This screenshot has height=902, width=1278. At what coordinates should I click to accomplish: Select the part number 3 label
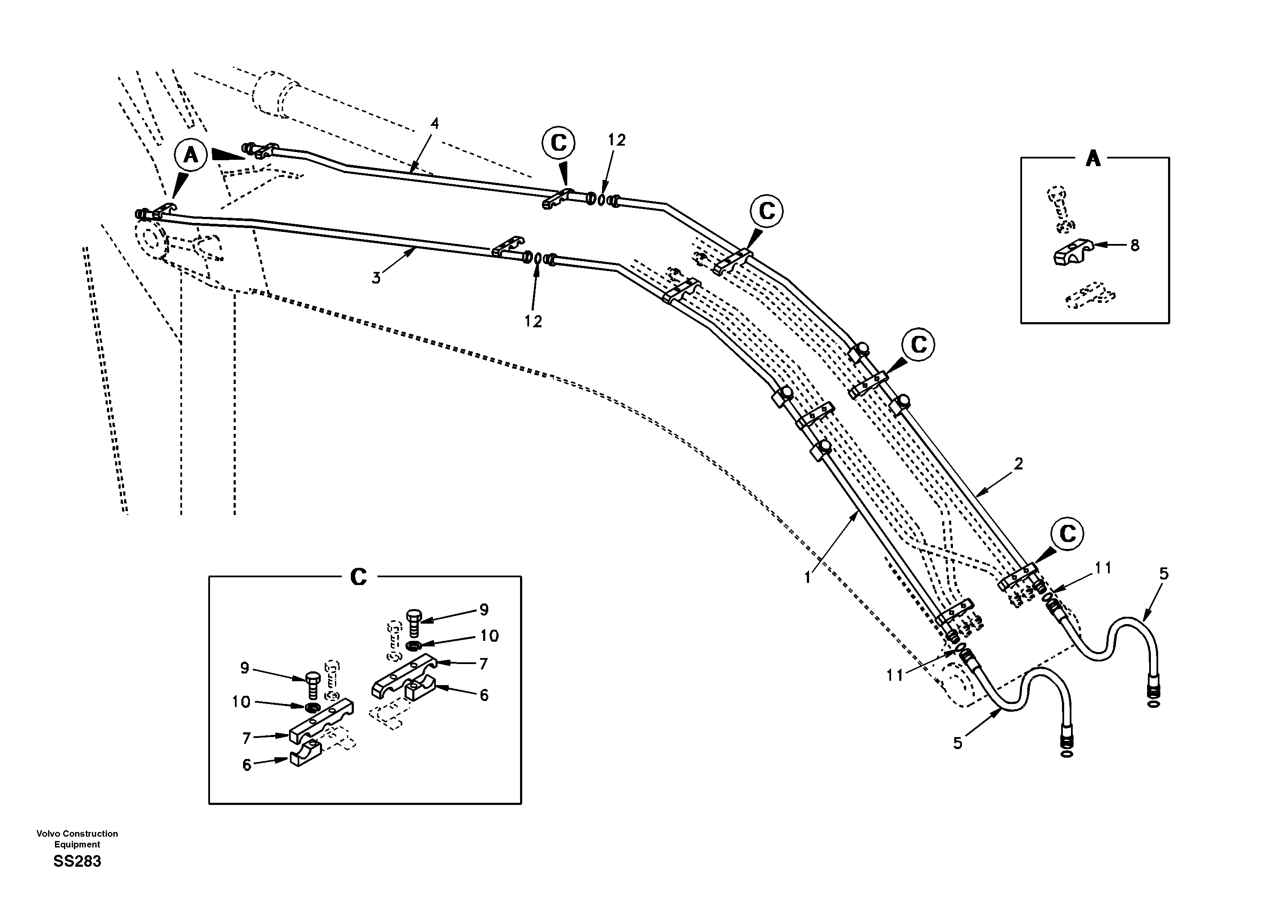[376, 278]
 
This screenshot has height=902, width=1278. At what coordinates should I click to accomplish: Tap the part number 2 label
[1018, 463]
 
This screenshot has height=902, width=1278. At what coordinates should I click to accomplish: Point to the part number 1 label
[808, 578]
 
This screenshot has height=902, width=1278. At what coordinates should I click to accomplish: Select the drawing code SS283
[77, 861]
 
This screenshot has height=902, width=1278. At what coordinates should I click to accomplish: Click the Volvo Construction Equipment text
[77, 838]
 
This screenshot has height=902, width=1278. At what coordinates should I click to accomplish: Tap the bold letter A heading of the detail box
[1093, 159]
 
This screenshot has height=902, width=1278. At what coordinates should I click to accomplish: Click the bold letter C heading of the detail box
[359, 577]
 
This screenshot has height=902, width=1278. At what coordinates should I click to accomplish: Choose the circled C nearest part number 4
[558, 143]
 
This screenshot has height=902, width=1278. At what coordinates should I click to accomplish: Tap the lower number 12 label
[532, 321]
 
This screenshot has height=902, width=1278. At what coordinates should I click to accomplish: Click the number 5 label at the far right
[1164, 573]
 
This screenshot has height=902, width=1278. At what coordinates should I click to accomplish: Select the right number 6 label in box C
[484, 695]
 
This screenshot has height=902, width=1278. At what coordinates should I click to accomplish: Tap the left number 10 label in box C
[241, 702]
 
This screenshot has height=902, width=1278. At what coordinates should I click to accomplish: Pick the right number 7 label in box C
[483, 664]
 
